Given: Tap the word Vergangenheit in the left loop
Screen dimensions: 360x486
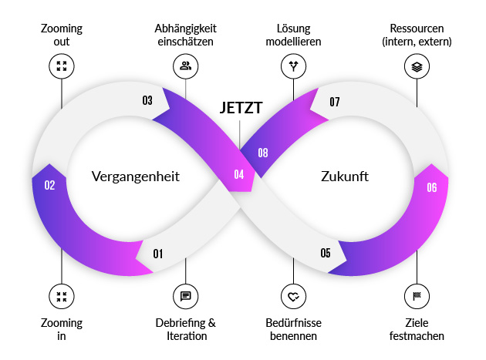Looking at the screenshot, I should click(x=135, y=176).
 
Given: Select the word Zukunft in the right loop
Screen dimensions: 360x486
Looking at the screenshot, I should click(x=344, y=176).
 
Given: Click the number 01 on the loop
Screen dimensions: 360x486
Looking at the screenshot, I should click(x=158, y=254).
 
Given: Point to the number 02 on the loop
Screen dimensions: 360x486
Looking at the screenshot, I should click(x=49, y=185).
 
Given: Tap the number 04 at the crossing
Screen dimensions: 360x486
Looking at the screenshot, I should click(x=239, y=175).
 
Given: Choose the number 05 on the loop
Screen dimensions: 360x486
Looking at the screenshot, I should click(x=326, y=253).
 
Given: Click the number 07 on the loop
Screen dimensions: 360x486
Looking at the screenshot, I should click(x=335, y=102).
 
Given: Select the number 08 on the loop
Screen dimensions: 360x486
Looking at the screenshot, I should click(x=263, y=153).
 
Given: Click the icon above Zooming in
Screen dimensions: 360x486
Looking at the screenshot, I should click(x=61, y=296).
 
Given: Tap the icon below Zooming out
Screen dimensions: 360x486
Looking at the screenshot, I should click(x=61, y=66).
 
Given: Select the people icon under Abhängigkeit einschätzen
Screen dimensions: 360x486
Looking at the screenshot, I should click(x=185, y=66).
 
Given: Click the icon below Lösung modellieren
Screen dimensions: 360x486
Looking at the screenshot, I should click(x=293, y=66).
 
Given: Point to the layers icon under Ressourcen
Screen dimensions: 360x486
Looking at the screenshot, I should click(x=417, y=66).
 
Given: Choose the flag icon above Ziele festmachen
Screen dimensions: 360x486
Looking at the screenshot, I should click(x=417, y=296).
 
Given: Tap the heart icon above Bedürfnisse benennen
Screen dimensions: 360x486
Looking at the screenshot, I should click(x=293, y=296).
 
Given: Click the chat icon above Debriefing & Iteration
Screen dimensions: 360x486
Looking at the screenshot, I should click(x=185, y=296).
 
